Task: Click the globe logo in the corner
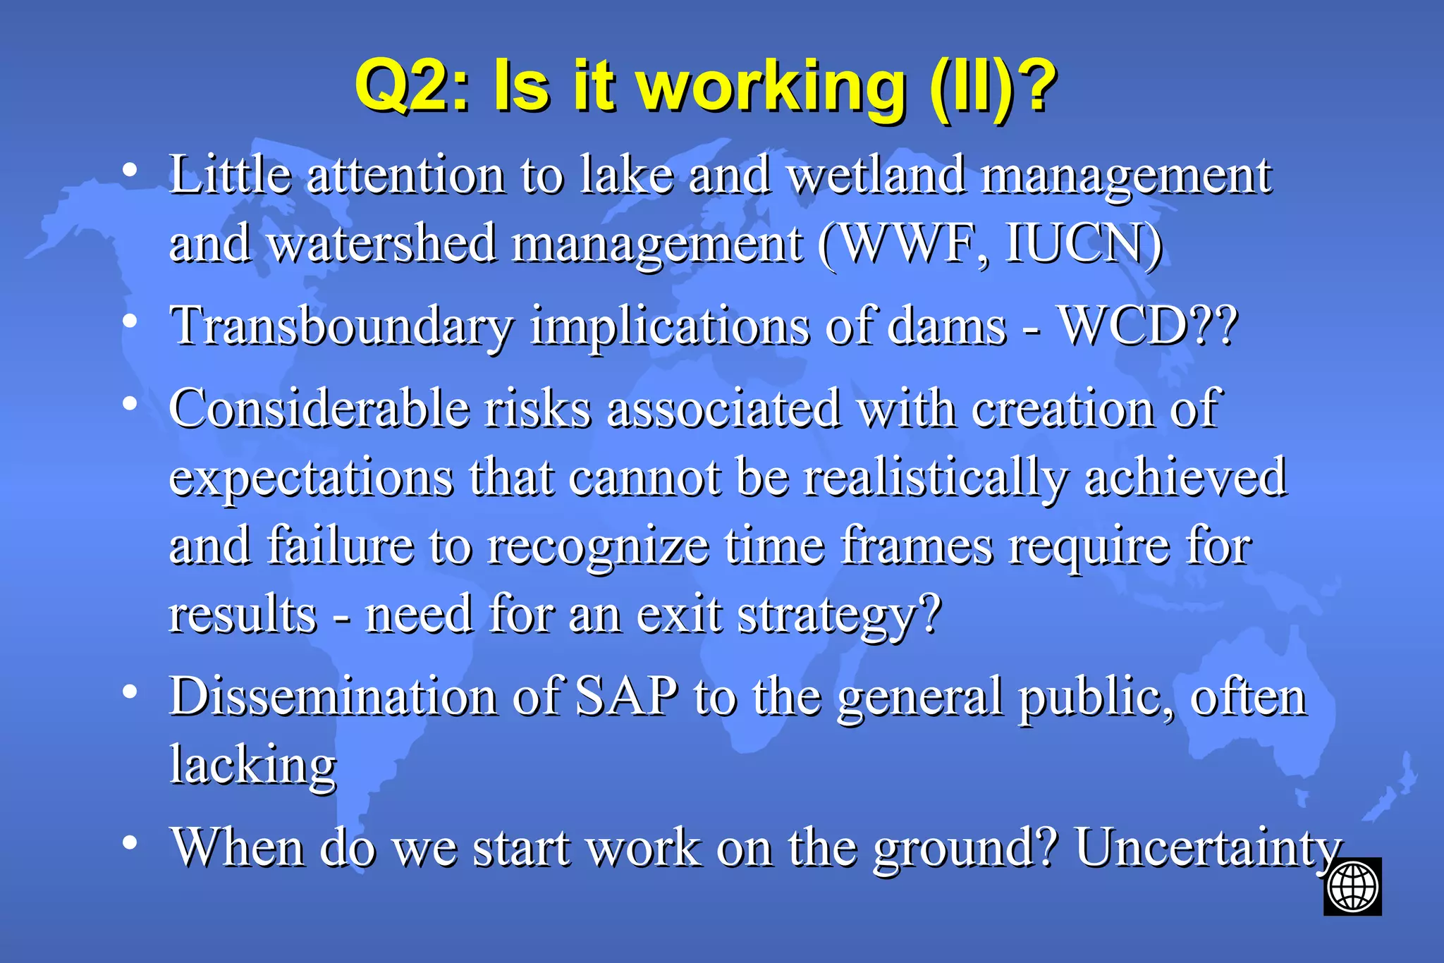click(1352, 886)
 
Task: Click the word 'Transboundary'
click(342, 326)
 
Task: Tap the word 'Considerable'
click(319, 408)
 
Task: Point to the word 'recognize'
click(598, 546)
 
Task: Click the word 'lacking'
click(253, 766)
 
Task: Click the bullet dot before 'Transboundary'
click(129, 321)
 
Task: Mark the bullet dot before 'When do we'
click(129, 842)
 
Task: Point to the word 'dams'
click(946, 326)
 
